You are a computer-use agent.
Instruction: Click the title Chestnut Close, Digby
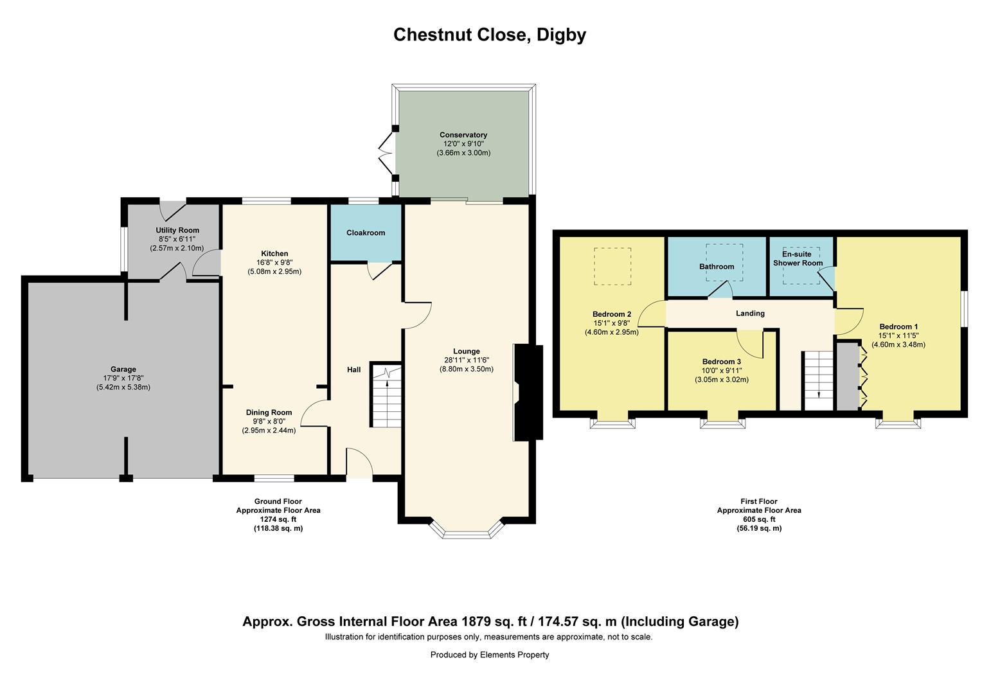tap(490, 35)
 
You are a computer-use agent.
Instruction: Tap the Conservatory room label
tap(463, 135)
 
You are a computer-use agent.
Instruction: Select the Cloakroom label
tap(366, 233)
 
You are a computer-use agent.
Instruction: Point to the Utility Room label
tap(177, 230)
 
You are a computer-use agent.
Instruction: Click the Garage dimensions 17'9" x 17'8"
tap(123, 378)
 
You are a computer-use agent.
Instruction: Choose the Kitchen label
tap(274, 253)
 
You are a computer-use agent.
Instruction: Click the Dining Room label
tap(269, 413)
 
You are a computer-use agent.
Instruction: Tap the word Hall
tap(354, 369)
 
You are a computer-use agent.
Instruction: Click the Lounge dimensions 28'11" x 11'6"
tap(466, 360)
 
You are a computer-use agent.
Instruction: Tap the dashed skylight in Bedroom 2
tap(612, 266)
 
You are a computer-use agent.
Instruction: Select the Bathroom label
tap(717, 267)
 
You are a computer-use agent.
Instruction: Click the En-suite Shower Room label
tap(798, 258)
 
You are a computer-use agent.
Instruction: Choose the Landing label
tap(750, 314)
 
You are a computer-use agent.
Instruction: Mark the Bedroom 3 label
tap(721, 362)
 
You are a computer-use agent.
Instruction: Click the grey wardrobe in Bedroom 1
tap(847, 377)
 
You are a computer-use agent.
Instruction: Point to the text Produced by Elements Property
tap(490, 655)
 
